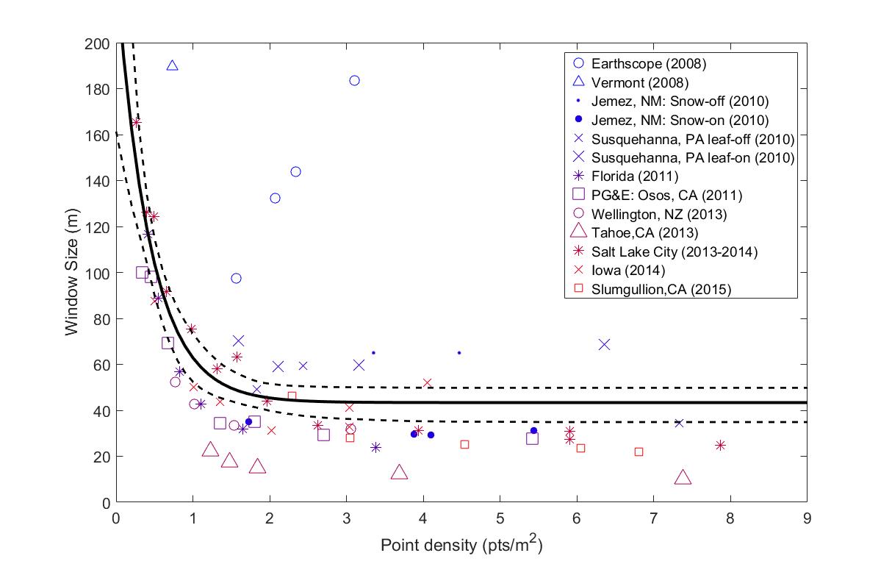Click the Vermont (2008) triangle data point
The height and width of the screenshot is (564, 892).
pyautogui.click(x=172, y=65)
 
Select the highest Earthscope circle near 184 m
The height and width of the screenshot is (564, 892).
pyautogui.click(x=354, y=80)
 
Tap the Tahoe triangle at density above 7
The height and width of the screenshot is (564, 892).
pyautogui.click(x=683, y=478)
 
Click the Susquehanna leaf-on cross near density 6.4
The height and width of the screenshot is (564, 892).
pyautogui.click(x=604, y=344)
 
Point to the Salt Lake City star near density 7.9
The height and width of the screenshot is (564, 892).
pyautogui.click(x=720, y=445)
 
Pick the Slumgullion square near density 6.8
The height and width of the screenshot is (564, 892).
pyautogui.click(x=639, y=451)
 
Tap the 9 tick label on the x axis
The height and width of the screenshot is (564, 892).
pyautogui.click(x=807, y=517)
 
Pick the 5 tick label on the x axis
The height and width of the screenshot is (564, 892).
pyautogui.click(x=500, y=517)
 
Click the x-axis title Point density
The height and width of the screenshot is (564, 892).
pyautogui.click(x=461, y=545)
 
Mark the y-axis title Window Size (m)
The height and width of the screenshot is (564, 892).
pyautogui.click(x=72, y=273)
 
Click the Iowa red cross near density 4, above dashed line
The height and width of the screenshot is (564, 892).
pyautogui.click(x=427, y=382)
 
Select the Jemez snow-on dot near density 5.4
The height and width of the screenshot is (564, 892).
pyautogui.click(x=533, y=430)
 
